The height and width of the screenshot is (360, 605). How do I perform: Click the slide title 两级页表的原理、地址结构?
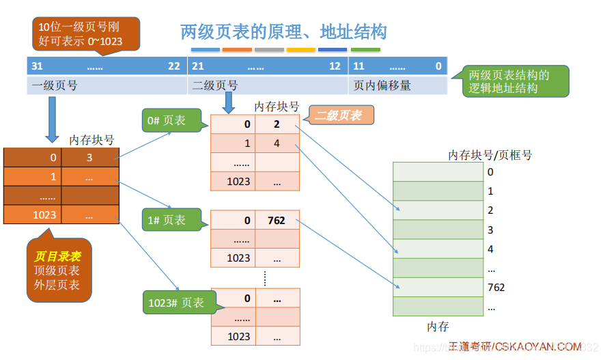pyautogui.click(x=283, y=31)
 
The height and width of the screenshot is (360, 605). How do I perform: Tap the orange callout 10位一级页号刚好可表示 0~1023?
pyautogui.click(x=85, y=33)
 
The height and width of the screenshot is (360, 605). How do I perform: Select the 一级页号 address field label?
pyautogui.click(x=54, y=85)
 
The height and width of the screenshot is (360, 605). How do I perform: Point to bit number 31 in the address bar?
pyautogui.click(x=38, y=66)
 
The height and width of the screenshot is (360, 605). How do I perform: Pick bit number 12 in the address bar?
pyautogui.click(x=335, y=66)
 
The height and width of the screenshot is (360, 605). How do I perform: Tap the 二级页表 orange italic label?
pyautogui.click(x=338, y=115)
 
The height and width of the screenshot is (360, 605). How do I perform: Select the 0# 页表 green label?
pyautogui.click(x=166, y=121)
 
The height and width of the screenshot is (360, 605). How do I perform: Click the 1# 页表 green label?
pyautogui.click(x=166, y=220)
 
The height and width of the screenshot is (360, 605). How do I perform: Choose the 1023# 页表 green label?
pyautogui.click(x=175, y=303)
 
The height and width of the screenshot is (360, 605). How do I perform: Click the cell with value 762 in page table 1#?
pyautogui.click(x=277, y=221)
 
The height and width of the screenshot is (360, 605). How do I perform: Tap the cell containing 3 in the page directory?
pyautogui.click(x=89, y=158)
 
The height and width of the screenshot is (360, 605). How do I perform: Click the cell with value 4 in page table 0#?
pyautogui.click(x=277, y=143)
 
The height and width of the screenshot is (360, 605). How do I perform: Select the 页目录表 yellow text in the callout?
pyautogui.click(x=57, y=257)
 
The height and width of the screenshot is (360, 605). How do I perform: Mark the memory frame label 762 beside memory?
pyautogui.click(x=496, y=288)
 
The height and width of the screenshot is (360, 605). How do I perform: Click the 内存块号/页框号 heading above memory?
pyautogui.click(x=490, y=155)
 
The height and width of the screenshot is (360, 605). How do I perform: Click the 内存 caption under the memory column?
pyautogui.click(x=438, y=327)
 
